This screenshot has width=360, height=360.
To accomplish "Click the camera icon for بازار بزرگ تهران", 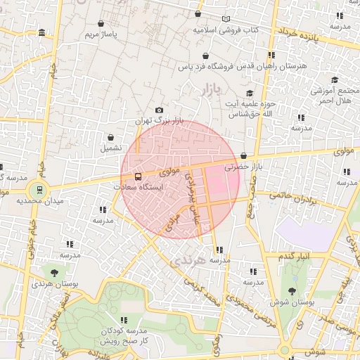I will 159,110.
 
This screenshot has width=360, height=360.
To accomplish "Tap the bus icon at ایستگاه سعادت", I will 137,176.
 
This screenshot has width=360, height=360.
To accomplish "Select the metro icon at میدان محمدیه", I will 38,189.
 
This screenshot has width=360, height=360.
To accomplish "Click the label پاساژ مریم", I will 99,34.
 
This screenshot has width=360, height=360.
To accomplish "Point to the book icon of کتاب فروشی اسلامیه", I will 226,20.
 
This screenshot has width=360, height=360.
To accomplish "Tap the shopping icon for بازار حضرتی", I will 243,156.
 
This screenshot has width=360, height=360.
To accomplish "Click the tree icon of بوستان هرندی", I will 53,271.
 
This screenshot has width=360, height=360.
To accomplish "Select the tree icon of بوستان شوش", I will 292,290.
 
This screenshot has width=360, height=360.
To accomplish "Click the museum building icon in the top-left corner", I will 43,33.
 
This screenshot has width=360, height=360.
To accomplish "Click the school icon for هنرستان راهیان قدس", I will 271,56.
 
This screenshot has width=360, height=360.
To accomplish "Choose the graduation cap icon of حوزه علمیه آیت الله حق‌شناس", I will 250,94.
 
